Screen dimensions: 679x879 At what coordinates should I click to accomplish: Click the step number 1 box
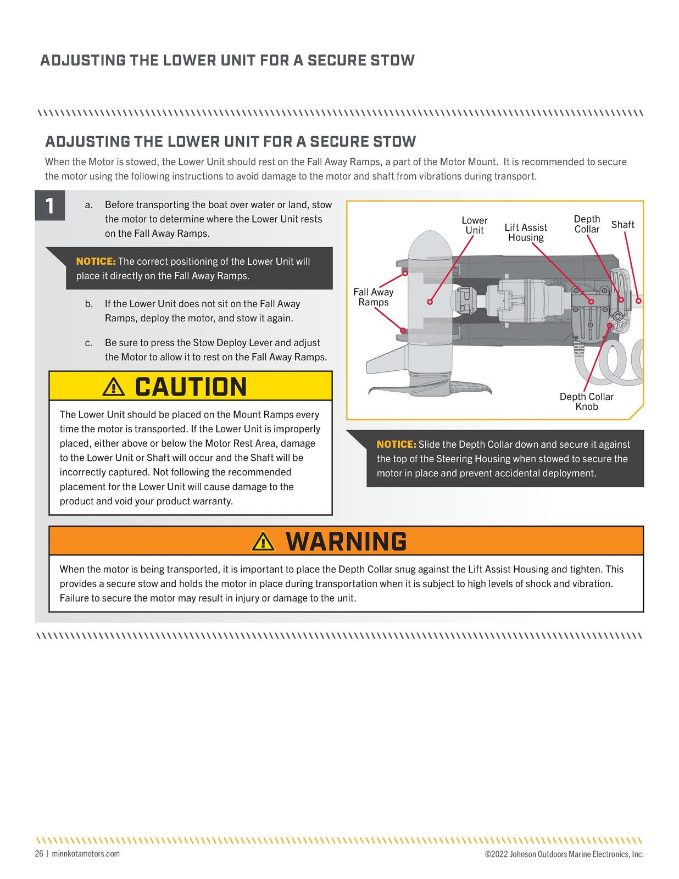(50, 205)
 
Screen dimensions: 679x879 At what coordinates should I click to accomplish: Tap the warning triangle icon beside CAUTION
(114, 387)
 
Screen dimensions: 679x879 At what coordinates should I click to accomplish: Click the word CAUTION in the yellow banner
(191, 387)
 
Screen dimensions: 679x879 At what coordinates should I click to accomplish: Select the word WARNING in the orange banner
(346, 541)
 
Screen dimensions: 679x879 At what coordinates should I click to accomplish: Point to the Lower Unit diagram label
(475, 225)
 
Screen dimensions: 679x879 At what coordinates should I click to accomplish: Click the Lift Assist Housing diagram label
(525, 232)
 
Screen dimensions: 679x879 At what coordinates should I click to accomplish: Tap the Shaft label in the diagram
(622, 225)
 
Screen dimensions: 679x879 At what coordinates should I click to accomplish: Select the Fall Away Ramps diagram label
(373, 297)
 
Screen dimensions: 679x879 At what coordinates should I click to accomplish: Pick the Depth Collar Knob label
(586, 401)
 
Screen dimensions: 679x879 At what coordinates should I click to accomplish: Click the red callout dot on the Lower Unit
(430, 302)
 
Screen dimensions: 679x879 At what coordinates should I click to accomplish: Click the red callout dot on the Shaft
(638, 301)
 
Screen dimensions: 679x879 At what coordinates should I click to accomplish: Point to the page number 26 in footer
(39, 854)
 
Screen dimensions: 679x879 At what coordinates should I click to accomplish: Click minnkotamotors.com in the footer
(86, 854)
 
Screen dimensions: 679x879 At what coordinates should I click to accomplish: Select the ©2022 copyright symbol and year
(496, 854)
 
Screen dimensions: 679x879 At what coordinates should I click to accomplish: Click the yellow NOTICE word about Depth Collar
(396, 444)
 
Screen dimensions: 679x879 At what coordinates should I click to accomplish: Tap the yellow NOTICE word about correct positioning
(96, 262)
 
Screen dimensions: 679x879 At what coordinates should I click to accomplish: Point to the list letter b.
(89, 304)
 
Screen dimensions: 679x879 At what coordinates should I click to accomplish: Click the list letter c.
(88, 343)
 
